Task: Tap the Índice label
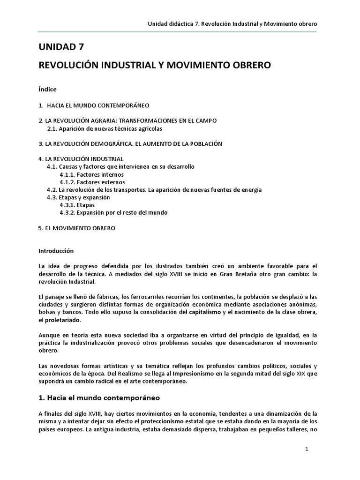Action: tap(48, 89)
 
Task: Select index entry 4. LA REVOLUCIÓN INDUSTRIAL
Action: tap(81, 159)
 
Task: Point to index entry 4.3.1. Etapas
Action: tap(77, 205)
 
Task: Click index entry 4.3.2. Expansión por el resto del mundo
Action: tap(113, 212)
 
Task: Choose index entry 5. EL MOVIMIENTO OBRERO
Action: tap(76, 228)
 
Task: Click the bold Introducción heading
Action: tap(56, 251)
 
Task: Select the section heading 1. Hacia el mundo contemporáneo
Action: tap(99, 398)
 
